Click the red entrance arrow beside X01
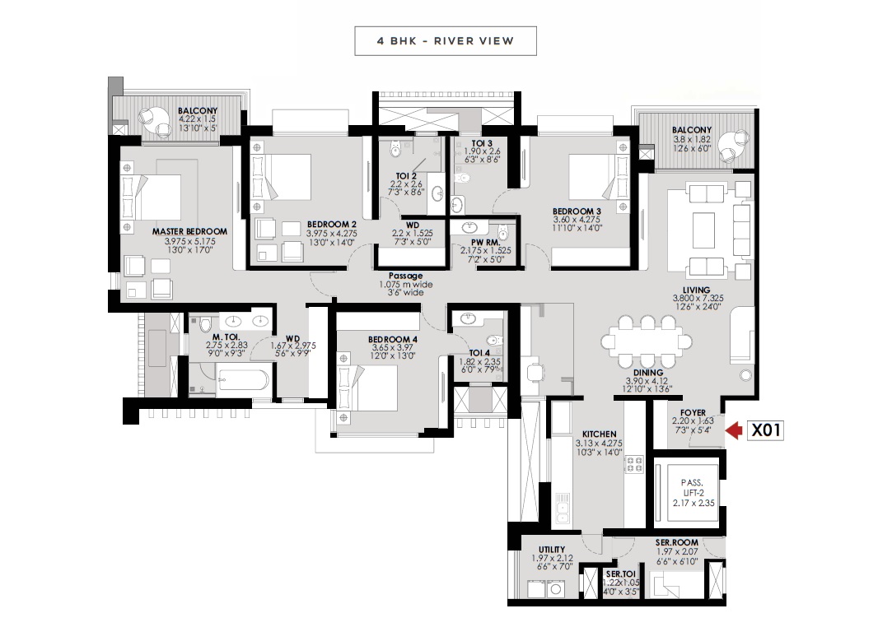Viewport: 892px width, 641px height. coord(734,430)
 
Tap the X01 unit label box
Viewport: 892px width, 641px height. coord(765,430)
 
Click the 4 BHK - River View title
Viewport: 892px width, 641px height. coord(446,41)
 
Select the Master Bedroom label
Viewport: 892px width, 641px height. coord(189,231)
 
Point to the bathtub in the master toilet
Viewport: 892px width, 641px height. coord(243,380)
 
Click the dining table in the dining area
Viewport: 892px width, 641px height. coord(647,341)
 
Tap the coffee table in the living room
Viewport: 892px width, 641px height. coord(703,230)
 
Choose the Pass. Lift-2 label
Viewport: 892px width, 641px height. coord(693,488)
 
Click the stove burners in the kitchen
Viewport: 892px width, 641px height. coord(634,464)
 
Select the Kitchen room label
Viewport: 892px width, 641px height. coord(599,434)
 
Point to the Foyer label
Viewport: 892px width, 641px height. coord(693,412)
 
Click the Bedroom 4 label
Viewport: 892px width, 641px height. coord(393,339)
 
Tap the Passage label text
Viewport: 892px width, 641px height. coord(405,276)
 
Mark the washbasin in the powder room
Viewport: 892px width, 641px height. coord(470,228)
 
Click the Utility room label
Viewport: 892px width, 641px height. coord(552,550)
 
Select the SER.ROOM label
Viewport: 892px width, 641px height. coord(676,543)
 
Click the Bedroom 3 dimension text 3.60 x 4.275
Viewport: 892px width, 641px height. coord(577,220)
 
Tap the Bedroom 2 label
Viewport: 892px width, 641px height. coord(332,225)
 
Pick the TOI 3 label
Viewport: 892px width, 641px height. coord(482,143)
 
